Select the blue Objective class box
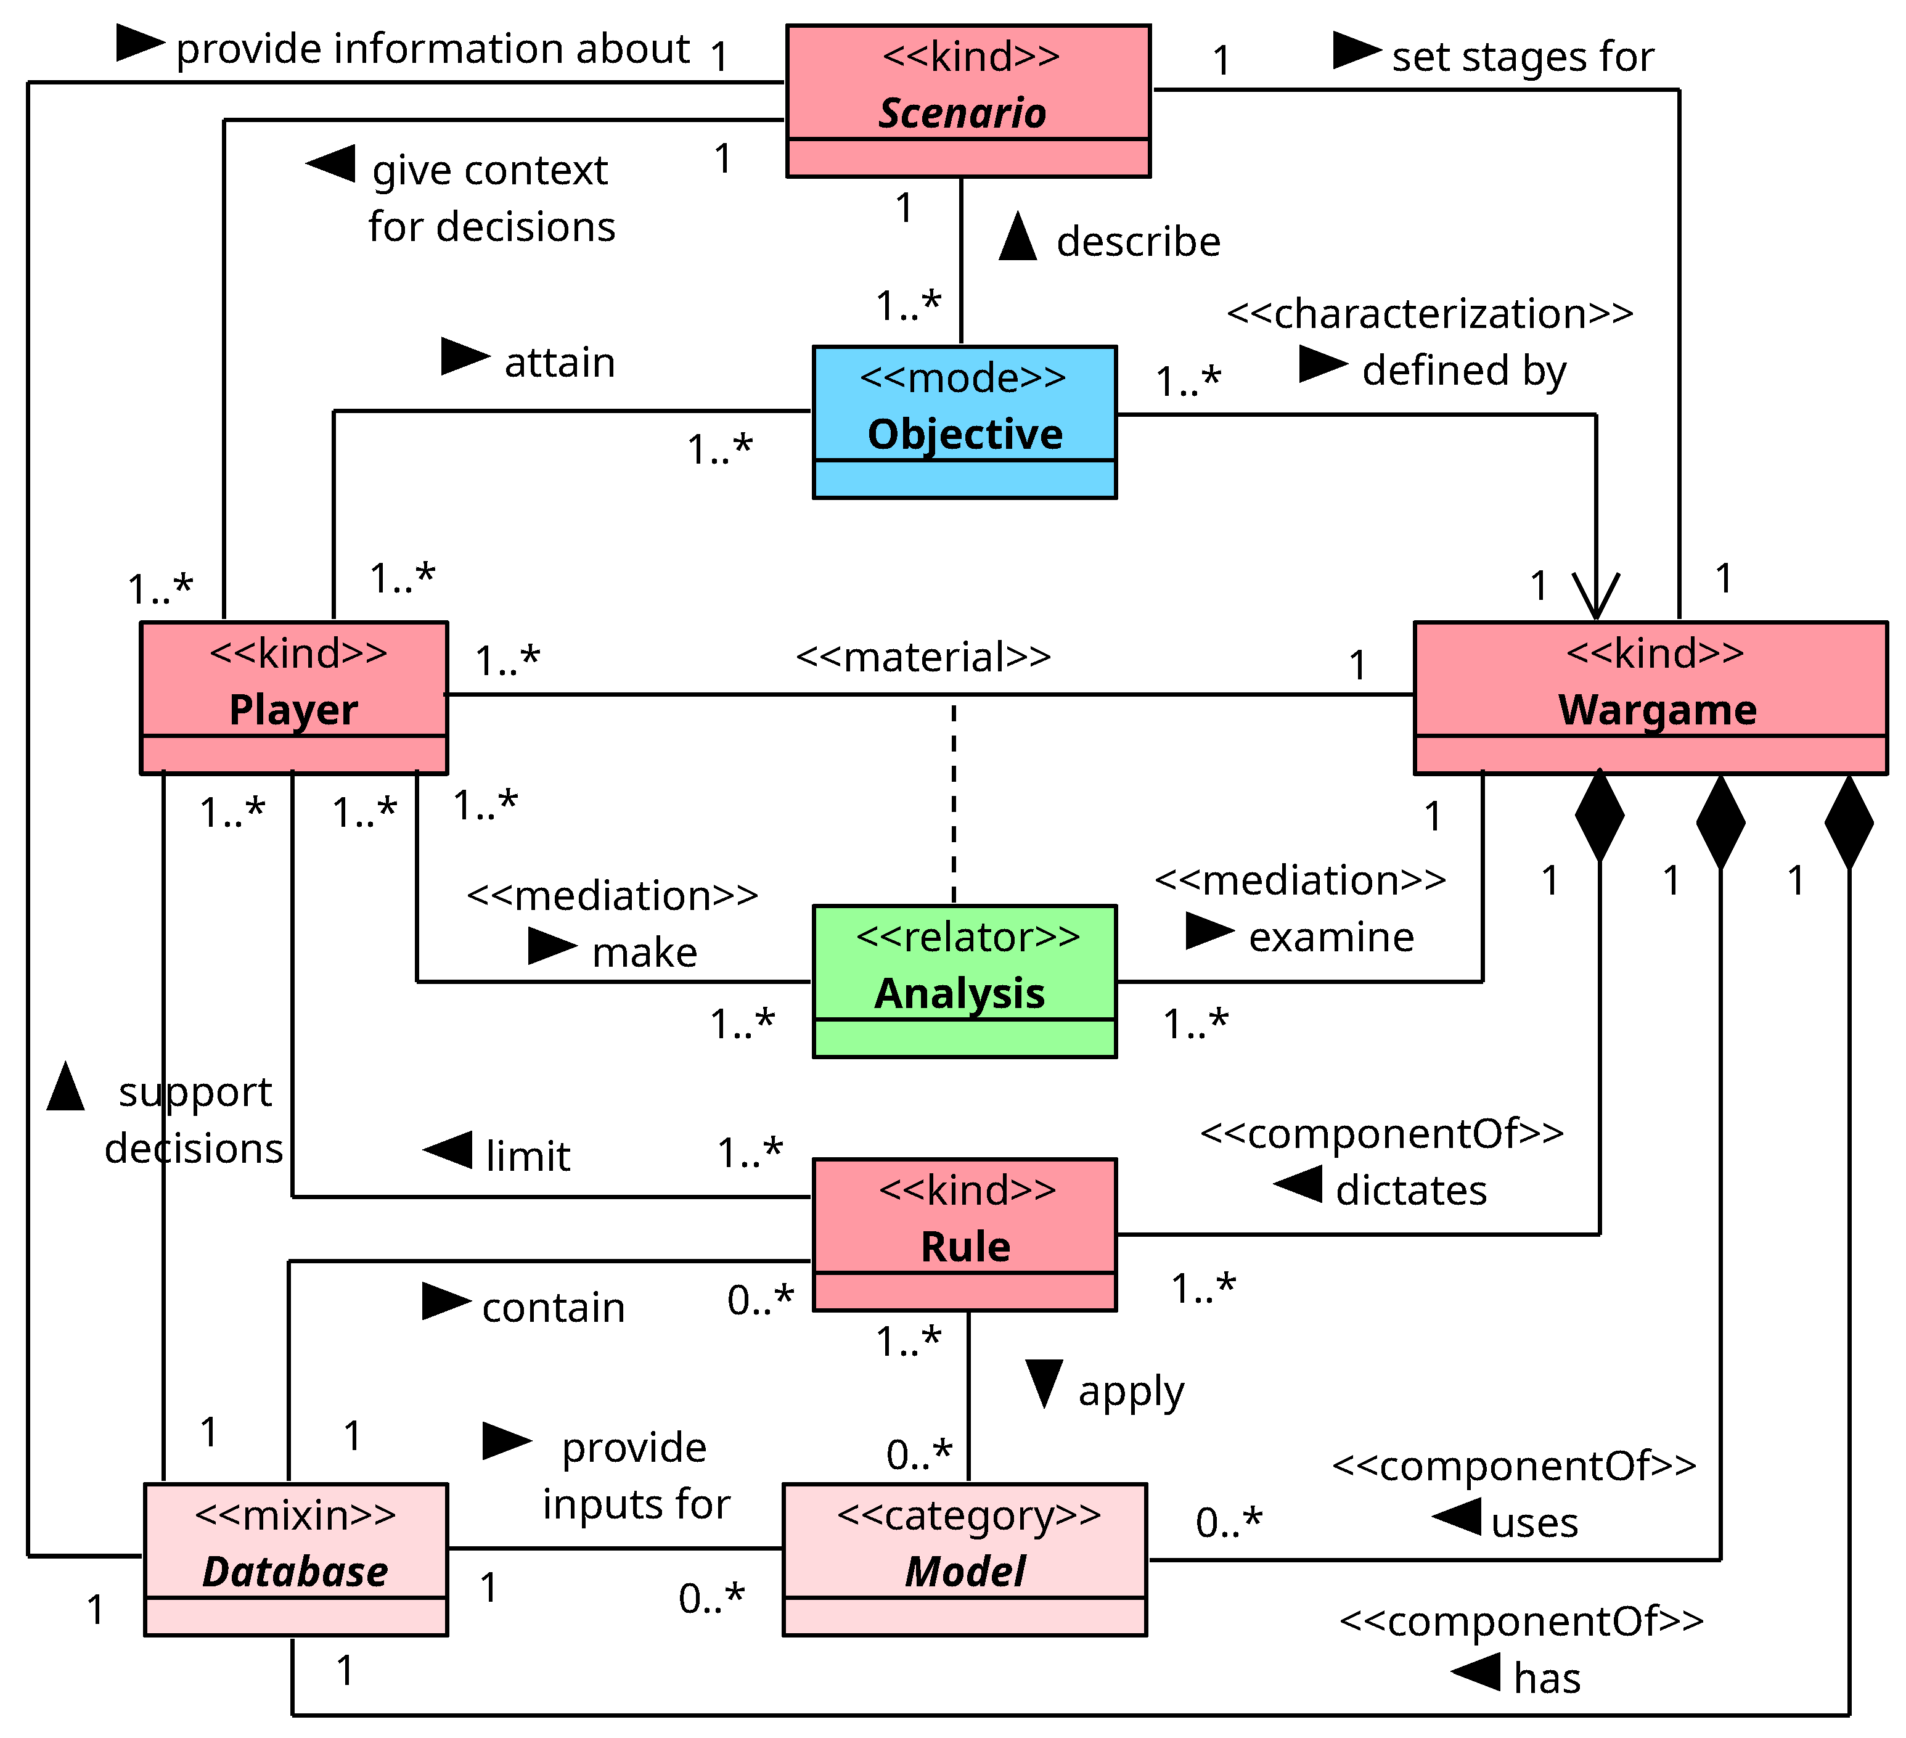coord(964,422)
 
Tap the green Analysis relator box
coord(964,980)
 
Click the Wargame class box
coord(1650,697)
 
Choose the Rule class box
coord(964,1234)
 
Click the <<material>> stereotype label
coord(923,656)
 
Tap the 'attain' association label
coord(560,362)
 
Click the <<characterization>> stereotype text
coord(1429,313)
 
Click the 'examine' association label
coord(1331,937)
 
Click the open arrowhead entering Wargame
coord(1596,596)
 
